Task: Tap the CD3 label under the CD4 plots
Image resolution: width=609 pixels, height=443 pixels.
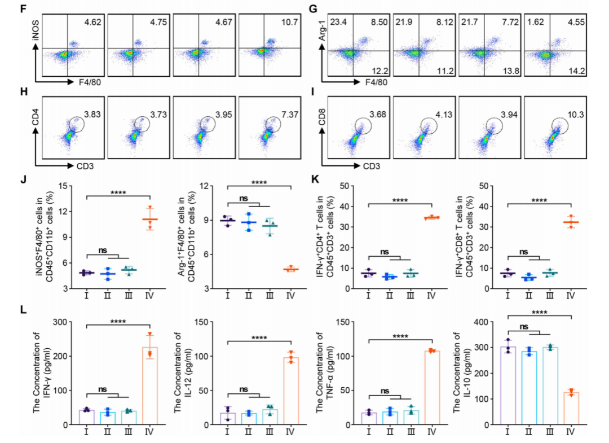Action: [85, 166]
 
